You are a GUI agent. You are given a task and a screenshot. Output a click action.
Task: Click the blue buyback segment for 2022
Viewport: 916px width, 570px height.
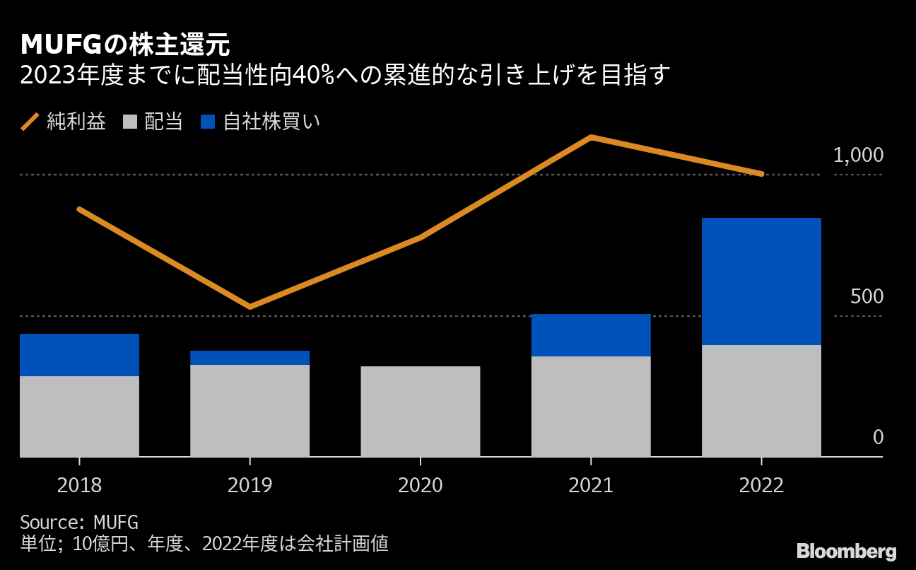(x=761, y=281)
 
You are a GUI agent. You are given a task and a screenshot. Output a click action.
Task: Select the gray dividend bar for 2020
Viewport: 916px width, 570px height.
(x=421, y=411)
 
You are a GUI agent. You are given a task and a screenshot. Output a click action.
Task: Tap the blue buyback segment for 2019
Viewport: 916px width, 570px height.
(x=249, y=358)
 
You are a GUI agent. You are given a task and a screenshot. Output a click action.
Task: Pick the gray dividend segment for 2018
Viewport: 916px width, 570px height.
(x=79, y=416)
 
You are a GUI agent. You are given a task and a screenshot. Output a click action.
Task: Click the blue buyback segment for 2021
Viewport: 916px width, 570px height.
(x=591, y=335)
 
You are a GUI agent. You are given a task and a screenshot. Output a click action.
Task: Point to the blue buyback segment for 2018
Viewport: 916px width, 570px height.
(x=79, y=355)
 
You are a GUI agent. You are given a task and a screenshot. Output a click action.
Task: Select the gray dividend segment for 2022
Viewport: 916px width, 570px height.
(x=761, y=400)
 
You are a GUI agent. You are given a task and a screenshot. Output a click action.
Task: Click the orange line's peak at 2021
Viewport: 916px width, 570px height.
(x=591, y=137)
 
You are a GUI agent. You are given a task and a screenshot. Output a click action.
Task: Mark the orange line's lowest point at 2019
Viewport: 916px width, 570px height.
(x=249, y=306)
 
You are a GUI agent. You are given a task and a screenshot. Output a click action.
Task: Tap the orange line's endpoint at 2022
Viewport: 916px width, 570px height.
(x=761, y=173)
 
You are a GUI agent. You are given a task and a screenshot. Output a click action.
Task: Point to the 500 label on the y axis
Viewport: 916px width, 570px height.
(x=867, y=297)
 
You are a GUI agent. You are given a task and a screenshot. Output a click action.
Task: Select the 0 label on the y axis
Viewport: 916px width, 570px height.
(x=878, y=438)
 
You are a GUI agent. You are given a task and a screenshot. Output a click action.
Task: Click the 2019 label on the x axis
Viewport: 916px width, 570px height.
(x=249, y=486)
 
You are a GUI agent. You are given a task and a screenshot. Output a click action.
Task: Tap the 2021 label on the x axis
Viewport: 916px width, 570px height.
(x=591, y=486)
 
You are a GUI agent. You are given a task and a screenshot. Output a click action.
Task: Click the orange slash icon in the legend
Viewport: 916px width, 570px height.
(x=30, y=122)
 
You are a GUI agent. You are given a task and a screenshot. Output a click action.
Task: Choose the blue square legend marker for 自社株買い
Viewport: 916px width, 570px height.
(x=206, y=122)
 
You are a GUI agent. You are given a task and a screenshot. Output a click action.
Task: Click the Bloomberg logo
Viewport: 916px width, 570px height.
(x=846, y=552)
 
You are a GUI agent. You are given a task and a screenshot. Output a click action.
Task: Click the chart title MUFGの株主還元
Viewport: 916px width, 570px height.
(x=125, y=45)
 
